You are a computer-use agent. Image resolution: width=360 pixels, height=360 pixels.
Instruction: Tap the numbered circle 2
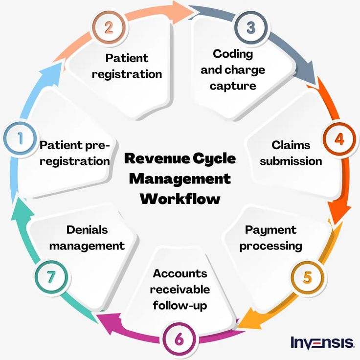109,27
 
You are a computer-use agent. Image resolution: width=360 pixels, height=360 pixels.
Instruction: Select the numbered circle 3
250,28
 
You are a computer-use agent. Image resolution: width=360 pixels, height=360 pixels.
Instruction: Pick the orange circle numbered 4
338,139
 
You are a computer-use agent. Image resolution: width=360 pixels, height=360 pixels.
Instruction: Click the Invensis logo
322,342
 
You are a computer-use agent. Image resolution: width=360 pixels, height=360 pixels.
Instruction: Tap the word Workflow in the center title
180,199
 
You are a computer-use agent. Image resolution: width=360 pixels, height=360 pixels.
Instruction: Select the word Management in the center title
180,179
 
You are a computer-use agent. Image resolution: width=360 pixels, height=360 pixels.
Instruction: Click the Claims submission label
291,153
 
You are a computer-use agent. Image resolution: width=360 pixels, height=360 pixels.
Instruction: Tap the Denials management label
87,238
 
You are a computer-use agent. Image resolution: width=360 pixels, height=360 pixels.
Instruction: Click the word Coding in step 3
233,53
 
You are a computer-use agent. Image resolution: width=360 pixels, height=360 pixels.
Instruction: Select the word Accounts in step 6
180,273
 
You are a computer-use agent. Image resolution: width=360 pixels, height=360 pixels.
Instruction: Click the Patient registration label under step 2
127,66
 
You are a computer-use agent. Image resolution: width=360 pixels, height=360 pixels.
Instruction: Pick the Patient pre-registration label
75,153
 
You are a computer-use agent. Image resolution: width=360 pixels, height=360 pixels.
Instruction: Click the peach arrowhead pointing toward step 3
185,10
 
